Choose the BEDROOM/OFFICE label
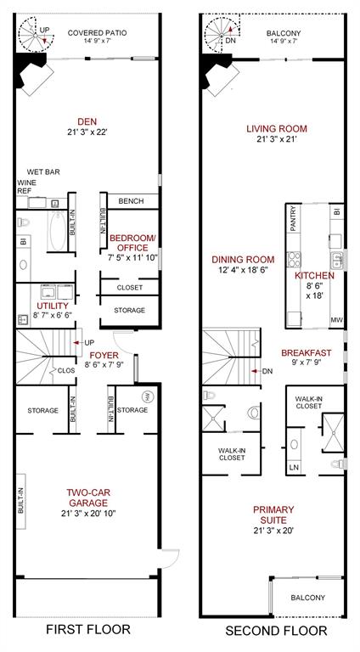click(x=132, y=242)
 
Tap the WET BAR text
click(x=43, y=171)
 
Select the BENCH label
click(x=131, y=201)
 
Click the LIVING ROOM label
click(x=276, y=129)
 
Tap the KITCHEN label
click(x=315, y=276)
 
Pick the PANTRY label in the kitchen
click(x=293, y=219)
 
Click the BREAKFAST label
click(x=306, y=352)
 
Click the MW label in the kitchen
click(x=336, y=320)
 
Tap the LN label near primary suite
click(x=294, y=467)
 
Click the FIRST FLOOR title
click(x=90, y=630)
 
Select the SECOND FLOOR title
click(x=276, y=631)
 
